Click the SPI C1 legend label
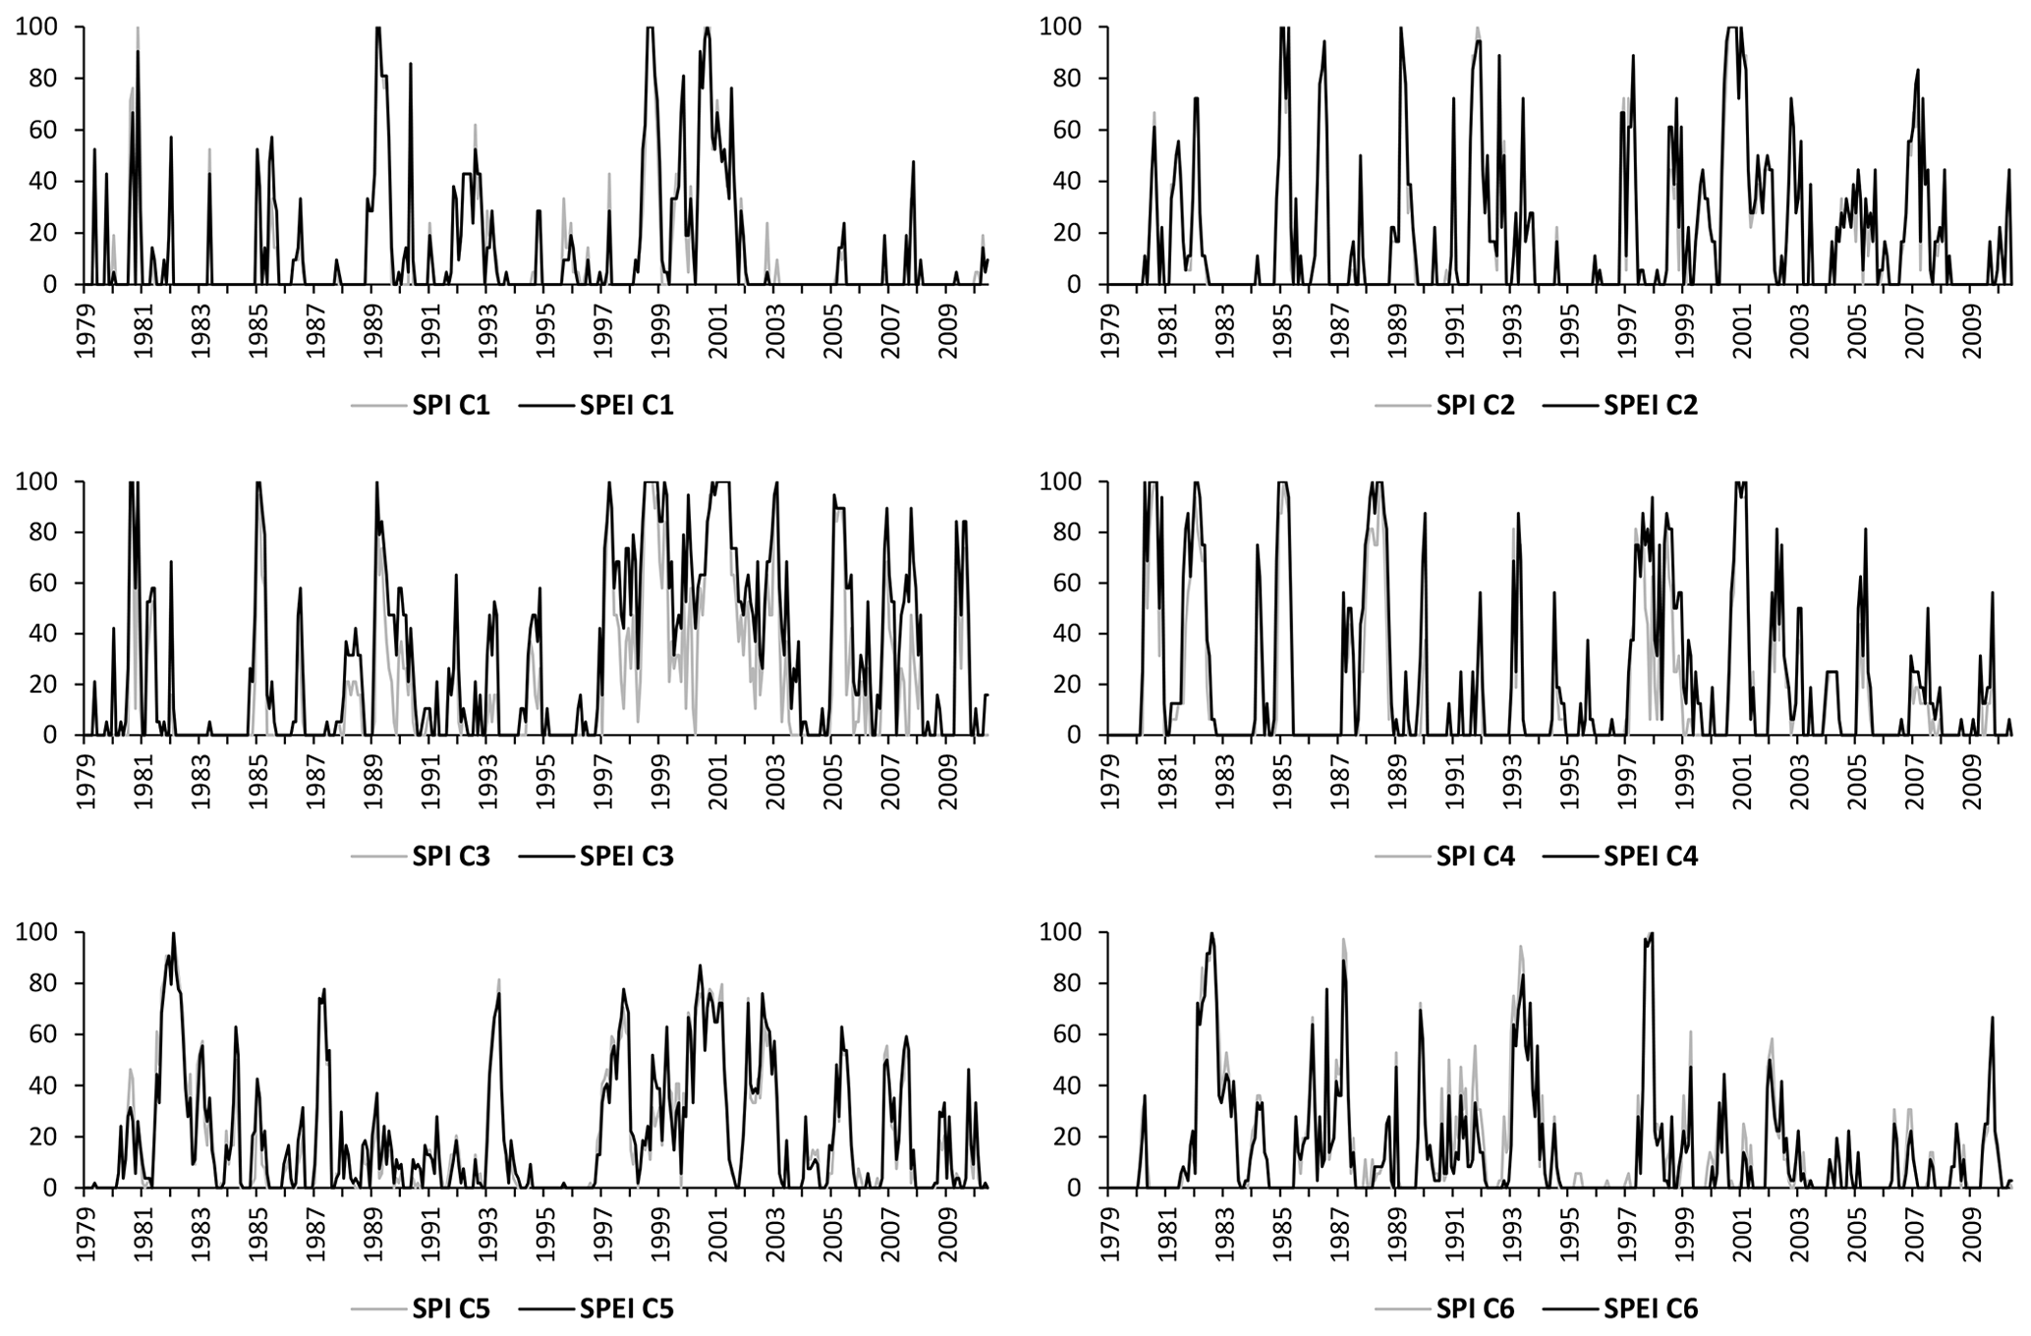click(x=451, y=406)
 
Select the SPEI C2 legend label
click(x=1651, y=406)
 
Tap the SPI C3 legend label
click(x=451, y=857)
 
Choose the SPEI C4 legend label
click(x=1651, y=857)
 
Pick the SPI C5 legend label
click(x=451, y=1308)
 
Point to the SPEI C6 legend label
click(x=1651, y=1308)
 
